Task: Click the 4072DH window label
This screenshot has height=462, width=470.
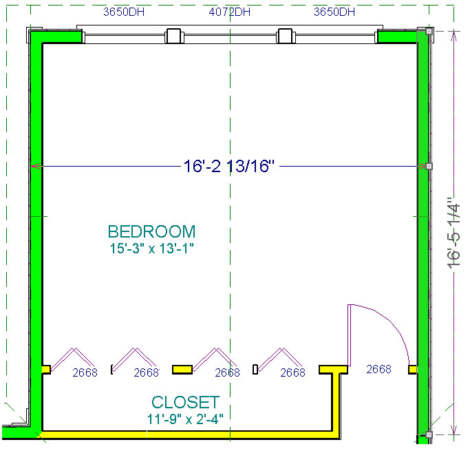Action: [230, 12]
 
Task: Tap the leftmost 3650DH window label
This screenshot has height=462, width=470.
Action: [124, 12]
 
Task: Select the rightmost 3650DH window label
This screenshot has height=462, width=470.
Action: [334, 12]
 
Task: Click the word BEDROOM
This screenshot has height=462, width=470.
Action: [151, 231]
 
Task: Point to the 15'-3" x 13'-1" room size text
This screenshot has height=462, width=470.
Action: [151, 249]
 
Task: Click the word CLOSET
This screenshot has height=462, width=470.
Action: [186, 402]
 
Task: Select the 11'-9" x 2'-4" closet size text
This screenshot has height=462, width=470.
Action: [185, 419]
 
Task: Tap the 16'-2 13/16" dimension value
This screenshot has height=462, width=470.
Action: [229, 166]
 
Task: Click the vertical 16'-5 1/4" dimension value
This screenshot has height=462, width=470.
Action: [453, 233]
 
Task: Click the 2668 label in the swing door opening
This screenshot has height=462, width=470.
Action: [378, 369]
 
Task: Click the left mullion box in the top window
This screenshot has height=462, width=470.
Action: [174, 36]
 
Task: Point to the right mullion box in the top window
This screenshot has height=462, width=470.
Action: [285, 36]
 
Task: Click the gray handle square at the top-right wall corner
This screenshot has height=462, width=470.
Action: [429, 31]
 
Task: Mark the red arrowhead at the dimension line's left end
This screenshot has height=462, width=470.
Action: [36, 166]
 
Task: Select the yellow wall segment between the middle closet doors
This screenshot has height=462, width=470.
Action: [182, 370]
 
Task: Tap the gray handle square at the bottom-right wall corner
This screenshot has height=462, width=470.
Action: [429, 434]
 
